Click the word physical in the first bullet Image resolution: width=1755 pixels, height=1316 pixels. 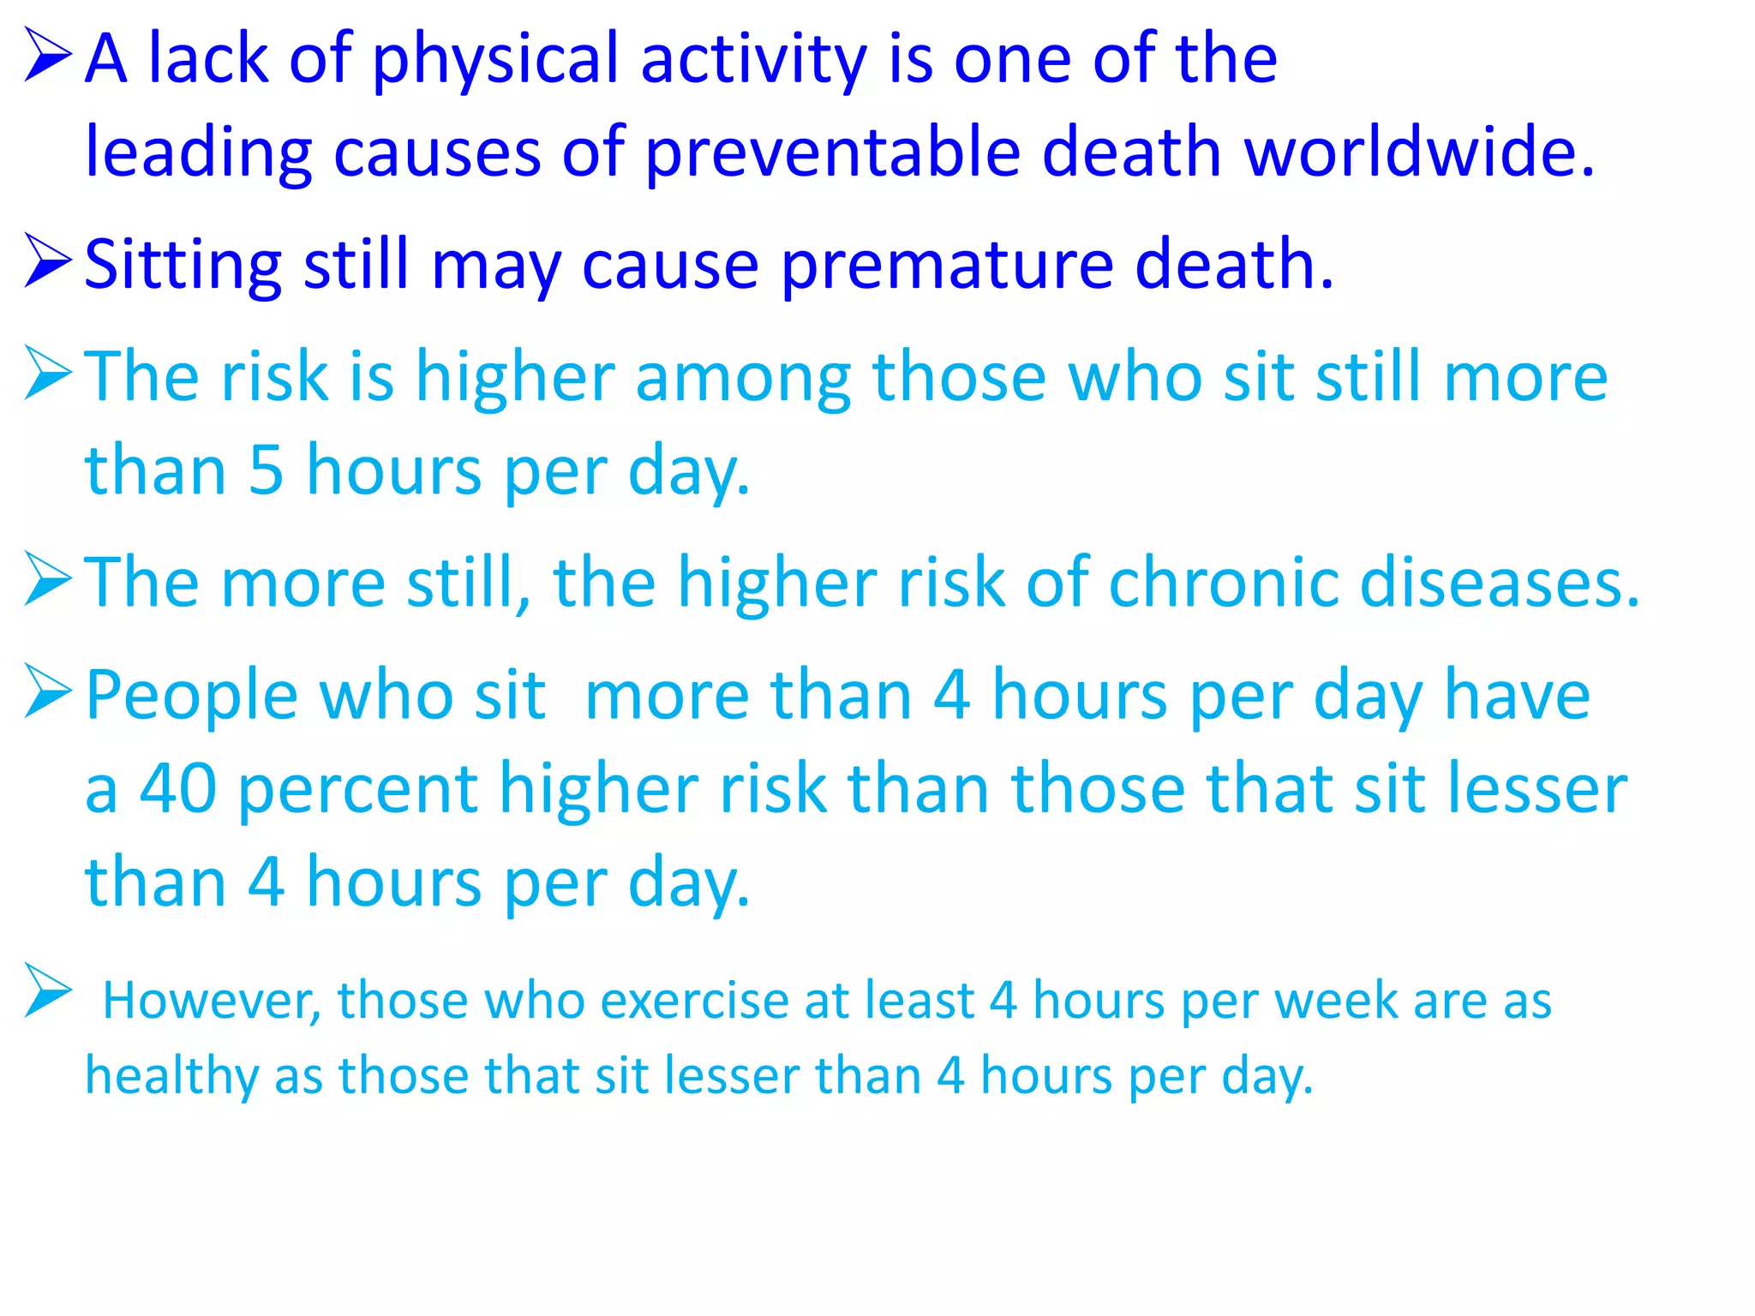[494, 60]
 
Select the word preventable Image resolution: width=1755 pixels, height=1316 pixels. [832, 153]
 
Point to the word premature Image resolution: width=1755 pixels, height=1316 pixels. [947, 266]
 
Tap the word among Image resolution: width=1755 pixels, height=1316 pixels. [743, 378]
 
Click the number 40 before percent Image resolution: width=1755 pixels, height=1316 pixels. [178, 788]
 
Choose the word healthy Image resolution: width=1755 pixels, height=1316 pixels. [171, 1076]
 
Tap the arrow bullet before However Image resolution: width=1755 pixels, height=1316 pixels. [48, 990]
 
